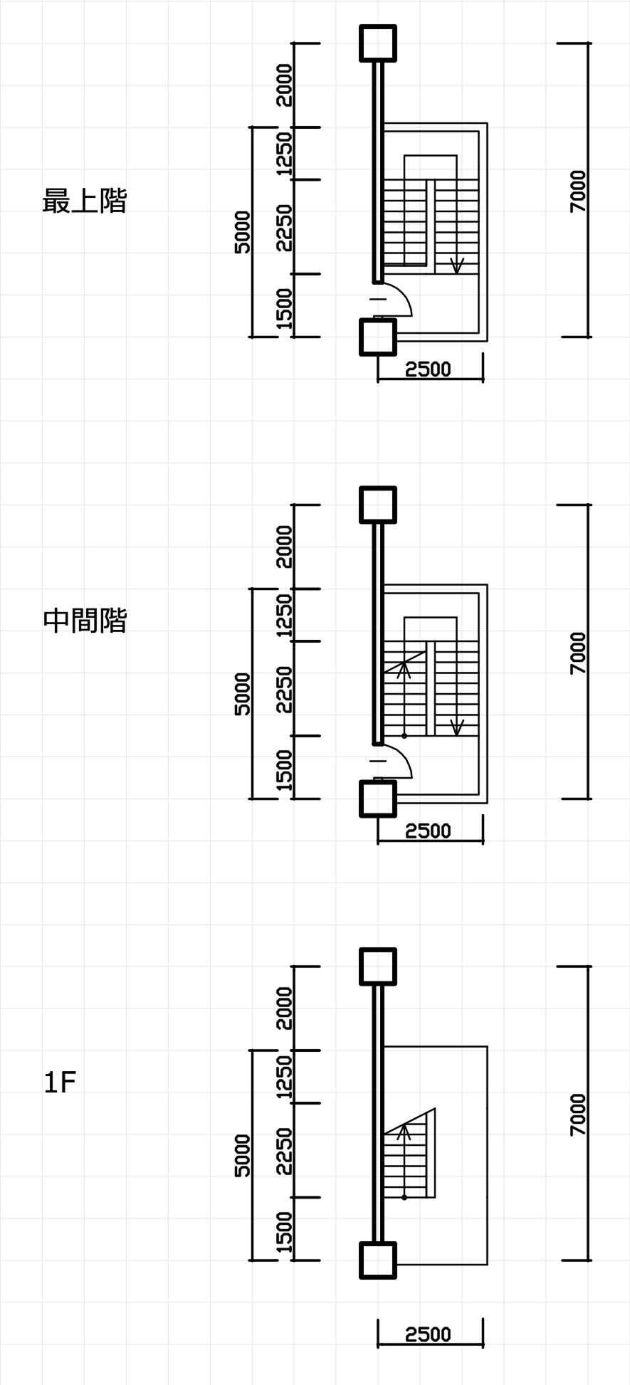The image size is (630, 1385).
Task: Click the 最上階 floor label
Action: click(85, 201)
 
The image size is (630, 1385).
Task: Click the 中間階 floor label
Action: click(85, 621)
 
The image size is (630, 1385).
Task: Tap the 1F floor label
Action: click(60, 1083)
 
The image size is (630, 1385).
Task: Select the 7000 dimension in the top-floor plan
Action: click(578, 191)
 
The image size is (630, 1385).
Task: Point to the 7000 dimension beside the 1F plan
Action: click(578, 1115)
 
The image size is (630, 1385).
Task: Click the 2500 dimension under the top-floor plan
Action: click(429, 369)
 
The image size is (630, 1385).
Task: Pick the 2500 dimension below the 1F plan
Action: click(429, 1334)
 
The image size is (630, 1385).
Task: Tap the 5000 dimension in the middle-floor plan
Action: click(243, 693)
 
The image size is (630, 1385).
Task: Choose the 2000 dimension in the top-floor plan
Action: click(284, 85)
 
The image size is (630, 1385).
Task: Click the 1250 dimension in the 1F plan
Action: click(284, 1076)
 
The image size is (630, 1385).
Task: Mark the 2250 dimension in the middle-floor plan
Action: click(284, 688)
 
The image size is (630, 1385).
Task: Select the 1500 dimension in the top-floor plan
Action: click(284, 308)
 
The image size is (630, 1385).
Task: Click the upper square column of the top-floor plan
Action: click(377, 43)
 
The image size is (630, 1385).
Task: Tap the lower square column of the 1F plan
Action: click(377, 1260)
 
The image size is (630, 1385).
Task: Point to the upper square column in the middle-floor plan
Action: click(377, 505)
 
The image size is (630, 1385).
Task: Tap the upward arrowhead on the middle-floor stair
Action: click(404, 668)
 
